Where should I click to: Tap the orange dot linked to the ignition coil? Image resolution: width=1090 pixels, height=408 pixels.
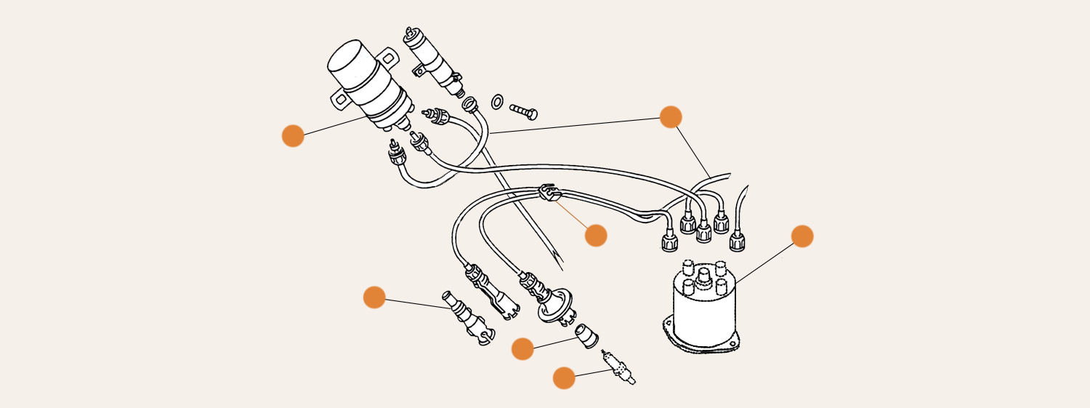click(293, 136)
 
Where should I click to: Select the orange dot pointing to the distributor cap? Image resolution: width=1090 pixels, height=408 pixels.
click(802, 236)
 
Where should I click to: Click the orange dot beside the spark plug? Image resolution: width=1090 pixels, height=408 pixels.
click(564, 378)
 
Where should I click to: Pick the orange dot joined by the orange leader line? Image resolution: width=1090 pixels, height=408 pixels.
click(596, 236)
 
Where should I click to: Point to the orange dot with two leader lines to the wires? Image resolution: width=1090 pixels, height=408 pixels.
click(671, 117)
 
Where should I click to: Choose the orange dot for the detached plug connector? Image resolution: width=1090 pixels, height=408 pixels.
click(374, 297)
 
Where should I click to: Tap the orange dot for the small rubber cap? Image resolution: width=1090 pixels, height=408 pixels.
click(522, 349)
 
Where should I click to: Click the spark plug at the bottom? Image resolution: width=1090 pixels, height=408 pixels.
click(618, 367)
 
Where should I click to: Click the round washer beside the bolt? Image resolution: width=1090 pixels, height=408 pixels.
click(497, 102)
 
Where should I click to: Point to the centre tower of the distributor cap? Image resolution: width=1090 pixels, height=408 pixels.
click(703, 277)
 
